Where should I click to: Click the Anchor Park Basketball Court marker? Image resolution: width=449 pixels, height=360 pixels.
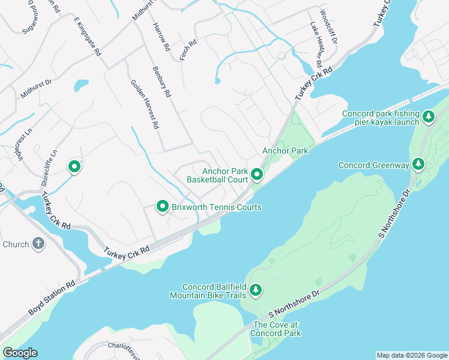click(257, 175)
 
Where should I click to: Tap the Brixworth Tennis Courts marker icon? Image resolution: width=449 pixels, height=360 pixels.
click(162, 206)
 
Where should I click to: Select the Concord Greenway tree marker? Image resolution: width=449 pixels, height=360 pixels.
click(418, 164)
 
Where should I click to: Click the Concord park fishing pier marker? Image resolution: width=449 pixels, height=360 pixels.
click(428, 116)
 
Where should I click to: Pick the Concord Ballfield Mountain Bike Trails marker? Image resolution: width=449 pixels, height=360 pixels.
click(256, 290)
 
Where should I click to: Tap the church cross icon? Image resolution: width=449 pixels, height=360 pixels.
click(38, 244)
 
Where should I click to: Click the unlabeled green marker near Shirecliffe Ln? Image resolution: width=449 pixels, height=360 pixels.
click(74, 166)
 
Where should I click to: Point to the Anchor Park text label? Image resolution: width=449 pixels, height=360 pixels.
click(285, 151)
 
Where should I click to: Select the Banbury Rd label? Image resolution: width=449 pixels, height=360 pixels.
click(161, 82)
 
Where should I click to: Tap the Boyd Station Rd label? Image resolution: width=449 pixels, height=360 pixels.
click(52, 298)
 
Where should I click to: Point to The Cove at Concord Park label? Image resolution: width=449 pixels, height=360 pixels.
click(275, 329)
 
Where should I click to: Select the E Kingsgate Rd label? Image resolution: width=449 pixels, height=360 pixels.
click(87, 37)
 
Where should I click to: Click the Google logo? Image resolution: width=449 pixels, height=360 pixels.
click(20, 353)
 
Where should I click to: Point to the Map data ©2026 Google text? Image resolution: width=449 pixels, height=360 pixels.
click(411, 355)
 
